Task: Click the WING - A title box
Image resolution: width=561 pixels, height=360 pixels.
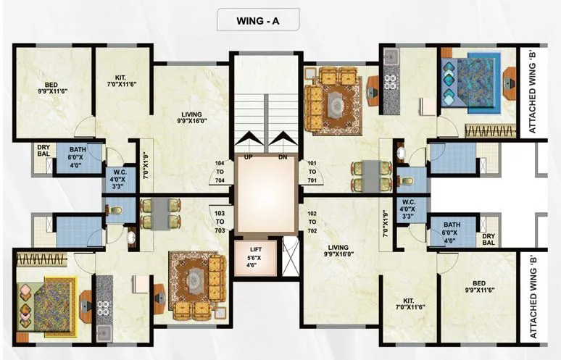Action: click(x=258, y=20)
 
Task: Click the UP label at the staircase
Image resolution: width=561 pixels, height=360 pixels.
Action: click(x=248, y=157)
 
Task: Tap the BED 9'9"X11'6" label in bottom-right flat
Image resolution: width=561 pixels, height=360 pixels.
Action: click(x=479, y=287)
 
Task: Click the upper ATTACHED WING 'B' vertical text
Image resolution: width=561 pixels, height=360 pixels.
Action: click(x=533, y=93)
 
